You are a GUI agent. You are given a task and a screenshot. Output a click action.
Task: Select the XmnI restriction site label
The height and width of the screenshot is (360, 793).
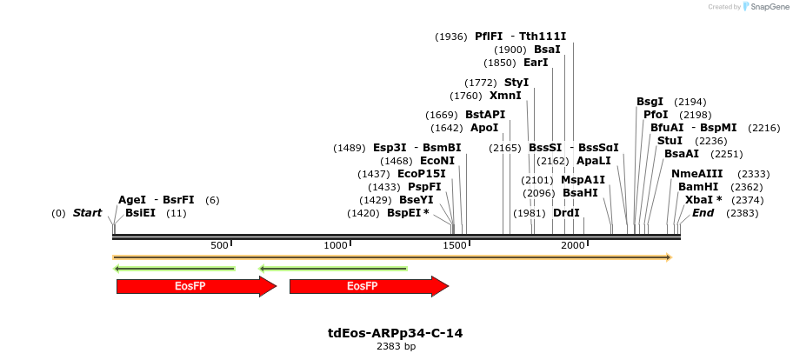point(505,96)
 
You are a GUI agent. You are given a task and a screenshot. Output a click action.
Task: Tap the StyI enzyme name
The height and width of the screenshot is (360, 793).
point(516,83)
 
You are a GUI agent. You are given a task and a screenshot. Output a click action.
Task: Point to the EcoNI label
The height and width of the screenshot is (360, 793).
point(436,161)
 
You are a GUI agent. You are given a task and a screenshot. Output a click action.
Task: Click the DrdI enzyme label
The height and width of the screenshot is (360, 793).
point(566,213)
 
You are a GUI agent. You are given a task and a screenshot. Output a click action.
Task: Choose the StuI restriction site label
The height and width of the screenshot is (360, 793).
point(670,141)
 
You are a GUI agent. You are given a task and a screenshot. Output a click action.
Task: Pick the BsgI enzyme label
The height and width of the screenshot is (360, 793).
point(650,102)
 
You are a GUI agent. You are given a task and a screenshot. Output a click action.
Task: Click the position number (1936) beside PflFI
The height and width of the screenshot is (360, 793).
point(451,37)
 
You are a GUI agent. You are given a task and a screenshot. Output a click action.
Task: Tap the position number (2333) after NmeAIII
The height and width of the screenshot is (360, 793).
point(754,174)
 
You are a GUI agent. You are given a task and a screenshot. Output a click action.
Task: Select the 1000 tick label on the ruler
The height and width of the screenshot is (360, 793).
point(336,246)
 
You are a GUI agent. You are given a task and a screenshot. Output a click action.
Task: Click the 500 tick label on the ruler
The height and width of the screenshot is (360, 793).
point(218,246)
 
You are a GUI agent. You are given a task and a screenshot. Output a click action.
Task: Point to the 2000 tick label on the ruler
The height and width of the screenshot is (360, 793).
point(572,246)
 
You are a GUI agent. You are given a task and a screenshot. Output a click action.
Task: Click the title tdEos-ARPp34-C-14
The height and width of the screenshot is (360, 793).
point(395,333)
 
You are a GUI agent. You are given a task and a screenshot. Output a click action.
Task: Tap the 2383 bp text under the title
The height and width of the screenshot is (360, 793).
point(396,346)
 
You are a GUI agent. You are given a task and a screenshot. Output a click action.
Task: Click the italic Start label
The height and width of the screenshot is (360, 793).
point(87,213)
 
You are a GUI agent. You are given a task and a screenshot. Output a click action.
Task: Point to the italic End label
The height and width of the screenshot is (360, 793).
point(703,213)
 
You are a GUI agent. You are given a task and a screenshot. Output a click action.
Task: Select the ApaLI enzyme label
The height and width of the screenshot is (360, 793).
point(593,161)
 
